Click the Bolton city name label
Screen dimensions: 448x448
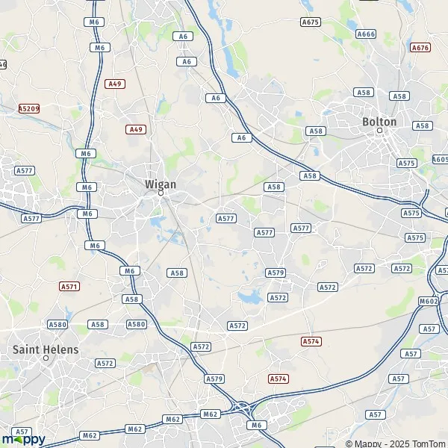[x=379, y=121]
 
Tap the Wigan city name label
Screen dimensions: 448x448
[x=161, y=183]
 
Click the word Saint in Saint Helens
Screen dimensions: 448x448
[x=27, y=349]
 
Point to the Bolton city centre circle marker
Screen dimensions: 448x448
[x=379, y=131]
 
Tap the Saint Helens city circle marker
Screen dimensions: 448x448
[x=46, y=358]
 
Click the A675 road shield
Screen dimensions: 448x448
[x=310, y=22]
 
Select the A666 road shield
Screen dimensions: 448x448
[x=366, y=34]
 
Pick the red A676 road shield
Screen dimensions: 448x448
[x=420, y=48]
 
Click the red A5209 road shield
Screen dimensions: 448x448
[x=29, y=108]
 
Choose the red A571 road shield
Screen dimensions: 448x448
[x=69, y=286]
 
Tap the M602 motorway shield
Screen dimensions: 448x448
[x=428, y=301]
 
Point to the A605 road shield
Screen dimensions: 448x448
[x=441, y=159]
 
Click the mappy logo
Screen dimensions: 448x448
[x=23, y=438]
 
